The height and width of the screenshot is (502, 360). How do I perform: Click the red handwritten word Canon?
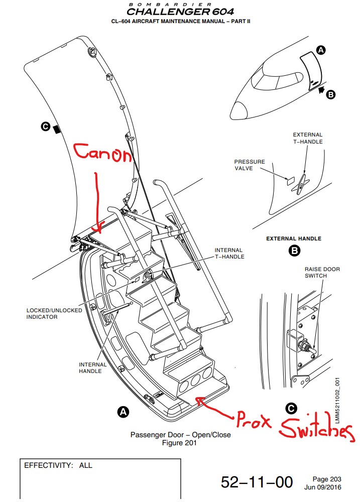click(102, 155)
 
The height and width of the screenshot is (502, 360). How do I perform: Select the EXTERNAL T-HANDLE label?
click(308, 138)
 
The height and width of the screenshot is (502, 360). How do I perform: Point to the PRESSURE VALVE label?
click(250, 165)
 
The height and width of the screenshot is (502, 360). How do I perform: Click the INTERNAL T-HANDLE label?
click(229, 254)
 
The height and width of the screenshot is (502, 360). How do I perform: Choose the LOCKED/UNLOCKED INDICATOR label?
click(54, 314)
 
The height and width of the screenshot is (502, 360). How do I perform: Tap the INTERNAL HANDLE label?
click(93, 368)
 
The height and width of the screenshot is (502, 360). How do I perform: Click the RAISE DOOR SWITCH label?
click(322, 273)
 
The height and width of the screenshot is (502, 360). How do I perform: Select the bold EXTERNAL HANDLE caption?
click(294, 238)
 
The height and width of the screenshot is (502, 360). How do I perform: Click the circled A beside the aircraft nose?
click(321, 49)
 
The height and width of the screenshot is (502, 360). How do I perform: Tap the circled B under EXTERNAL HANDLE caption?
click(294, 250)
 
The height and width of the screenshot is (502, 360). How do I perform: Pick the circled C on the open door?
click(45, 128)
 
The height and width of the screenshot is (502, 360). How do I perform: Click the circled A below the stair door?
click(122, 412)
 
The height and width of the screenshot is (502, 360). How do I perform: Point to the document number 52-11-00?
click(257, 482)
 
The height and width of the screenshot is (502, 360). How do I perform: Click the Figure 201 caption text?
click(179, 443)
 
